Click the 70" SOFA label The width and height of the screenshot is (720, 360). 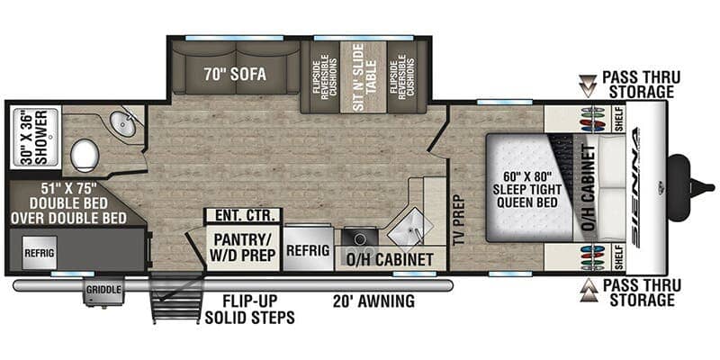pyautogui.click(x=236, y=75)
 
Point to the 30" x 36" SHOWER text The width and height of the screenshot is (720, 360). pyautogui.click(x=32, y=138)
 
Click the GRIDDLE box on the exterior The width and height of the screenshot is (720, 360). pyautogui.click(x=106, y=291)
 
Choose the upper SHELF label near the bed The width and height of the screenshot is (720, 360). pyautogui.click(x=618, y=126)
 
